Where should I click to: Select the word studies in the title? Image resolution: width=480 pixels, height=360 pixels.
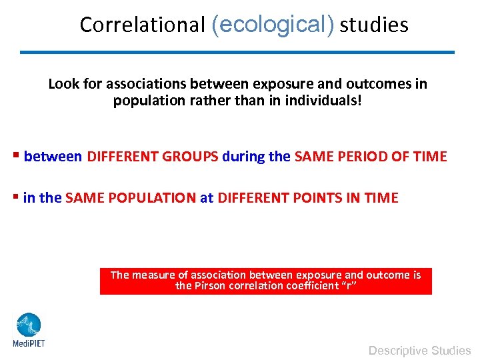click(374, 25)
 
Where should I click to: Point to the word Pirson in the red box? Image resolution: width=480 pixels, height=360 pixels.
click(210, 285)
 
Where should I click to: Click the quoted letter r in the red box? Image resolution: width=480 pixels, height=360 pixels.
click(349, 285)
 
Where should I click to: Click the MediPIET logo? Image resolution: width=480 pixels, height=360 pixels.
click(28, 330)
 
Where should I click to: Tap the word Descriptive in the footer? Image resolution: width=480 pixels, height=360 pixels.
click(398, 350)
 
